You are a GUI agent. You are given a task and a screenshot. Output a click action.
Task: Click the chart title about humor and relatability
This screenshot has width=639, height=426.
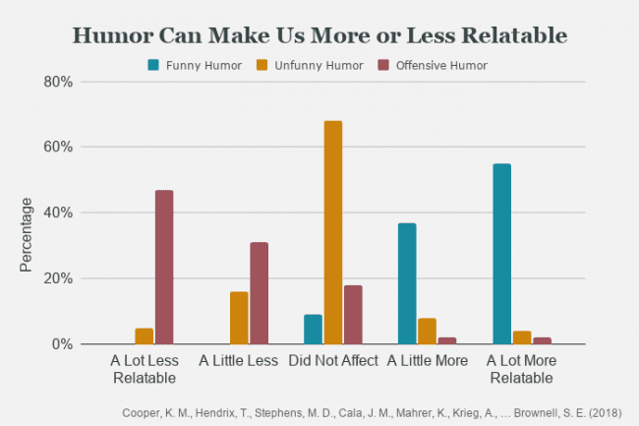tap(319, 35)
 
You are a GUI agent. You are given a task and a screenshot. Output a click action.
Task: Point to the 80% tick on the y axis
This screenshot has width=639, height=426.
tap(58, 82)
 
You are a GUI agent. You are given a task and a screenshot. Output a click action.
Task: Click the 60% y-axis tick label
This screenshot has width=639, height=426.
tap(58, 148)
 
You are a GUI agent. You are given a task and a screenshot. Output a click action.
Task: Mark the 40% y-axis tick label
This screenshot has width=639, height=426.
tap(58, 213)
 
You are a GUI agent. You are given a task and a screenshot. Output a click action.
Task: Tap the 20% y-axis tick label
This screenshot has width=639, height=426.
tap(58, 278)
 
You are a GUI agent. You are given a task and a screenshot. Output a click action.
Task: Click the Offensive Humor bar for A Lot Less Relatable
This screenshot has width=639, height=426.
tap(163, 267)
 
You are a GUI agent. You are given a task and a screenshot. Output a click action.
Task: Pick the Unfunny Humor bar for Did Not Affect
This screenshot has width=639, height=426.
tap(333, 232)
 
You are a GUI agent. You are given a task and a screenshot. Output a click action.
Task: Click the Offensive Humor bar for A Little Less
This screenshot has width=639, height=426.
tap(259, 293)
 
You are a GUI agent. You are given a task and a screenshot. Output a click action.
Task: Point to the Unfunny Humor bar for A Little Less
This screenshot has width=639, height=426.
tap(239, 318)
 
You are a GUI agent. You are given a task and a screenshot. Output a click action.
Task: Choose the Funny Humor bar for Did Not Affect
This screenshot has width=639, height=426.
tap(313, 330)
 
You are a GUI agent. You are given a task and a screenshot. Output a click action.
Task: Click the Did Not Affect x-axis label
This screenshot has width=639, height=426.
tap(333, 360)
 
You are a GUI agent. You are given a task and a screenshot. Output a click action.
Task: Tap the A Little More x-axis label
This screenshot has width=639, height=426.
tap(428, 360)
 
